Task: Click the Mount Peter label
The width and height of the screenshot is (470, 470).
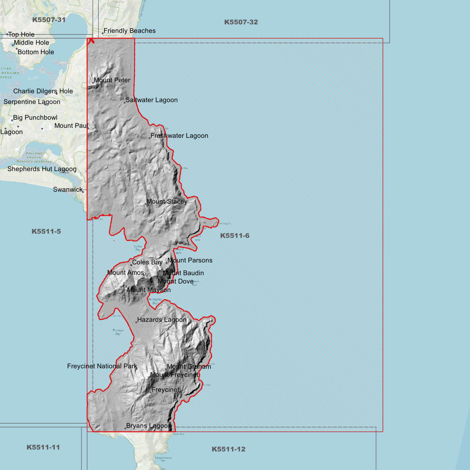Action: coord(112,80)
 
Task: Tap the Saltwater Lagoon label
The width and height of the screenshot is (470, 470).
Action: coord(152,100)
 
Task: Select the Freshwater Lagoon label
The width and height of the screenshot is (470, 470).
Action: coord(179,136)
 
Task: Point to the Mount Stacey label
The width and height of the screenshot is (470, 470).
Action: coord(167,202)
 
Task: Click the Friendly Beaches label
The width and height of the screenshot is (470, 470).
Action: coord(129,31)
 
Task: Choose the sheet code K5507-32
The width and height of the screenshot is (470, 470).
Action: coord(241,22)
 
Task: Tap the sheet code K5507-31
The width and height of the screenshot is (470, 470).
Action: coord(49,20)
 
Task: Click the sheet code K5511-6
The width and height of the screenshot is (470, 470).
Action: coord(235,236)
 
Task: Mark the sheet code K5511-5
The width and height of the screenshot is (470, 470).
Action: coord(46,232)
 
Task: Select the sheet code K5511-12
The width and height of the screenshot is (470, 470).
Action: coord(229,449)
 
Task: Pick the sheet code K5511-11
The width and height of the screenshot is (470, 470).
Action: coord(43,447)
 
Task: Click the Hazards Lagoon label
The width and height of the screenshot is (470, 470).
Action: coord(162,320)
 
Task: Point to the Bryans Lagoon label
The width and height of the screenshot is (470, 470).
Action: coord(149,426)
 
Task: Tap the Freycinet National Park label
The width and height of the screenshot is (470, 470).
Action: coord(102,366)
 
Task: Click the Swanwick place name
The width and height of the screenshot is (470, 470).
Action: coord(68,190)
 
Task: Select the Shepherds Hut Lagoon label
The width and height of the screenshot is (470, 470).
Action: coord(42,169)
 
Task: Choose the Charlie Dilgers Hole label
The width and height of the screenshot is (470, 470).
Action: coord(43,91)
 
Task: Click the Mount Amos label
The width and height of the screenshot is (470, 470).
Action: coord(126,273)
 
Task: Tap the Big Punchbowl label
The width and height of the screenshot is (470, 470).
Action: coord(35,118)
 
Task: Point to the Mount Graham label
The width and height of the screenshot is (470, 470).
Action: coord(189,367)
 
